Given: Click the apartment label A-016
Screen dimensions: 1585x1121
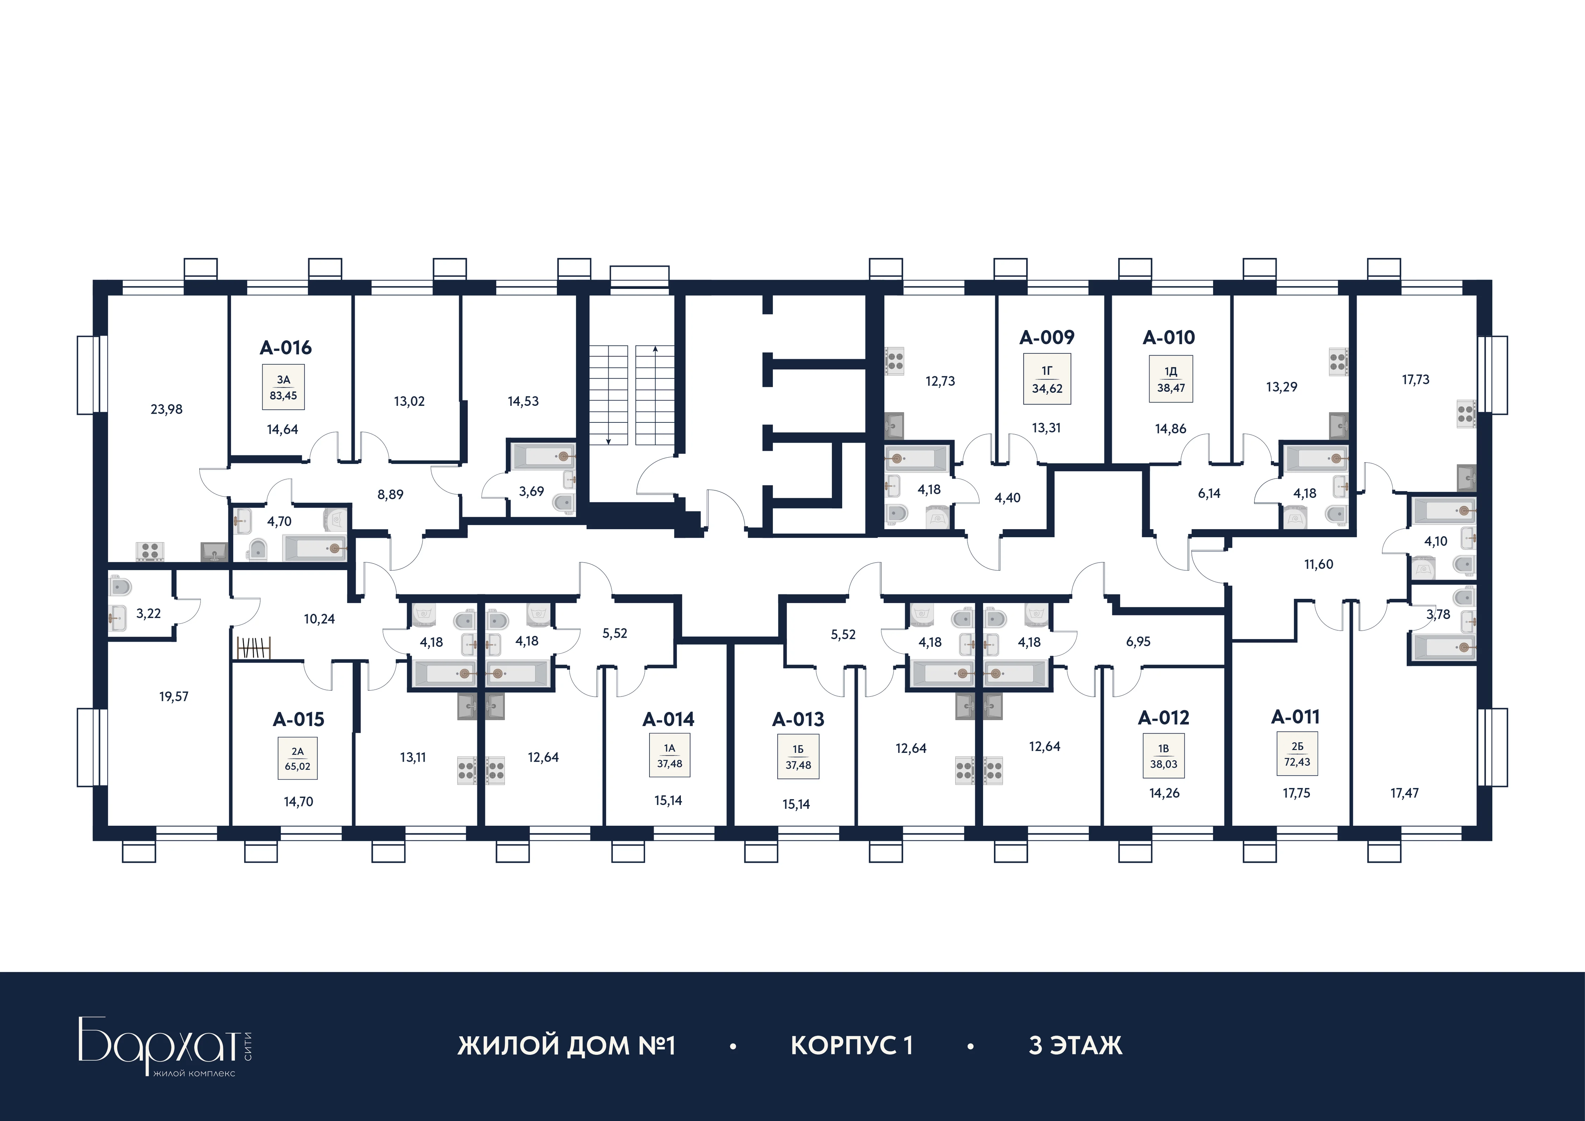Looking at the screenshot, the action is [x=286, y=348].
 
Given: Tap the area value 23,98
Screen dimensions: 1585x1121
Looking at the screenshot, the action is [x=166, y=409].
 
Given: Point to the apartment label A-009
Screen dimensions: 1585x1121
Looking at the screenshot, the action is [x=1047, y=337].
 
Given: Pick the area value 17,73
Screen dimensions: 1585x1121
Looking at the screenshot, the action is [x=1415, y=380].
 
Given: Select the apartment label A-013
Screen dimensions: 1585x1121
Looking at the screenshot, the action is [x=798, y=720].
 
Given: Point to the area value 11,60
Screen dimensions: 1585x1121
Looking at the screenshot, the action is [x=1318, y=565].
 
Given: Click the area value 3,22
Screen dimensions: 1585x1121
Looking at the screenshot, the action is [x=148, y=614].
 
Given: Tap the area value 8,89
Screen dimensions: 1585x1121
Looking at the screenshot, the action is [x=391, y=495].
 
